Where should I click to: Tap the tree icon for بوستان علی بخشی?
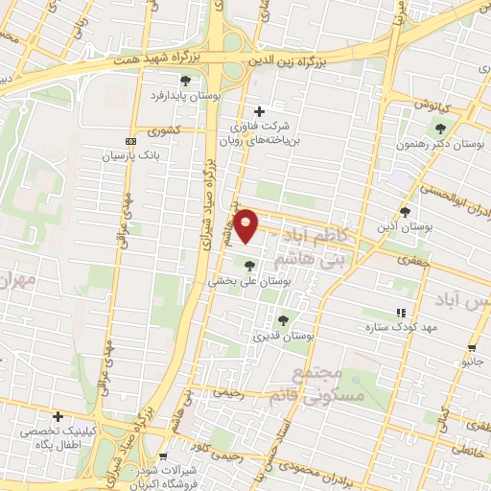(249, 266)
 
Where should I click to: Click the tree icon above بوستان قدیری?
(282, 320)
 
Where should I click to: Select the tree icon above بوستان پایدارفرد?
(186, 80)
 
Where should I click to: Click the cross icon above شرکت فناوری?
(259, 111)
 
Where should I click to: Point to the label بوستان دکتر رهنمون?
(442, 143)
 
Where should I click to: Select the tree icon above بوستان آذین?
(405, 211)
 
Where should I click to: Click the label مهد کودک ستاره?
(399, 328)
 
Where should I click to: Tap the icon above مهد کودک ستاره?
(401, 313)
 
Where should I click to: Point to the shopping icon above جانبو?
(472, 348)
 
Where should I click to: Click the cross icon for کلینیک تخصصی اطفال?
(58, 417)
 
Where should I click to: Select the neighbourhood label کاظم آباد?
(300, 234)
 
